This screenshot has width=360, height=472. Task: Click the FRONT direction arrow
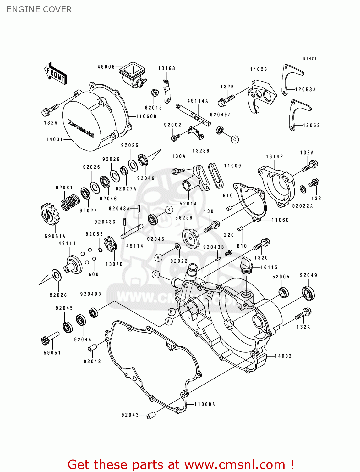tap(55, 74)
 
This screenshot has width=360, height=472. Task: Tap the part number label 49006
tap(106, 67)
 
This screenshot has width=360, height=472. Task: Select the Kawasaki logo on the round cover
tap(81, 128)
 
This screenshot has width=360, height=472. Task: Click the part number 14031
tap(54, 139)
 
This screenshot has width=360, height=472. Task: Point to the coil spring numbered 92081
tap(70, 202)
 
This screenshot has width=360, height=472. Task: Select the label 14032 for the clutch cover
tap(283, 356)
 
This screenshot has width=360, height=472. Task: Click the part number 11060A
tap(205, 404)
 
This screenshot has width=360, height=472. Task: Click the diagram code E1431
tap(310, 59)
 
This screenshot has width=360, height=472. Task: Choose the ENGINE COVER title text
tap(39, 9)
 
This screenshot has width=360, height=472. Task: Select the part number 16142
tap(274, 156)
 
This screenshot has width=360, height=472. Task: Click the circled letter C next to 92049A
tap(235, 139)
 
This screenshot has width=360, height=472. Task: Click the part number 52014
tap(188, 204)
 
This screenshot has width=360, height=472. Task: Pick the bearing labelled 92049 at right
tap(308, 293)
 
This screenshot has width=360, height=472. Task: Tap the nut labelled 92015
tap(154, 93)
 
